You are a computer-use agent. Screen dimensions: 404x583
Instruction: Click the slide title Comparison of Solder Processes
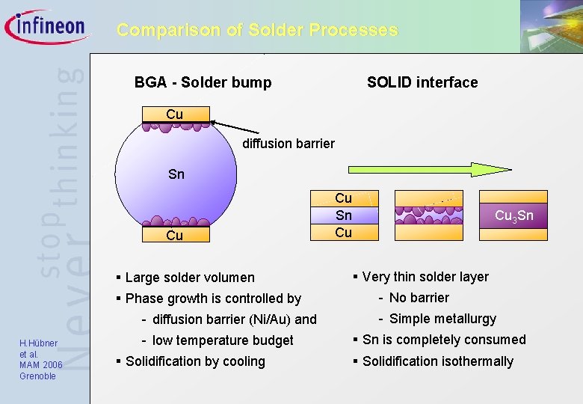[257, 31]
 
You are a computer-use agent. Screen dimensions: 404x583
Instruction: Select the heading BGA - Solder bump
[203, 82]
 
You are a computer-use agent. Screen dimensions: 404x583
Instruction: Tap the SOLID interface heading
[422, 82]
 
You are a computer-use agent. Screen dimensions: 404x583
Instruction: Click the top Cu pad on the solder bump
[175, 114]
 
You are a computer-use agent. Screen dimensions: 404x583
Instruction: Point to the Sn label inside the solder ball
[176, 174]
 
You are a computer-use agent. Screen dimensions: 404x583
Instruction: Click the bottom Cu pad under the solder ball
[174, 236]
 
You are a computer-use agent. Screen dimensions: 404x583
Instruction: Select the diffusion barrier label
[289, 143]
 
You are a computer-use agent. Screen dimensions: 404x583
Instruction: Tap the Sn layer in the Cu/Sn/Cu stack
[343, 215]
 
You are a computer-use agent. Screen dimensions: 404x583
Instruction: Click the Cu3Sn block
[514, 216]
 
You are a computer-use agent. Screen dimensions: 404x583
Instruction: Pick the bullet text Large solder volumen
[190, 278]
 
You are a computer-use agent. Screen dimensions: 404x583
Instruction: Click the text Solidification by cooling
[195, 361]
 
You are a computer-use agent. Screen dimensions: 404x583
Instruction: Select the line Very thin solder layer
[425, 277]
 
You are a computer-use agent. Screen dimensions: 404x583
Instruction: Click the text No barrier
[419, 298]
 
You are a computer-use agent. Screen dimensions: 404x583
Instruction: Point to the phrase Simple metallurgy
[442, 319]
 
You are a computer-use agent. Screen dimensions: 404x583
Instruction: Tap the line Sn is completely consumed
[444, 340]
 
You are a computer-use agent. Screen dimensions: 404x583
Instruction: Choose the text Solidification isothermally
[437, 361]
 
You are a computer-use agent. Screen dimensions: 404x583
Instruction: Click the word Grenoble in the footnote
[37, 376]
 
